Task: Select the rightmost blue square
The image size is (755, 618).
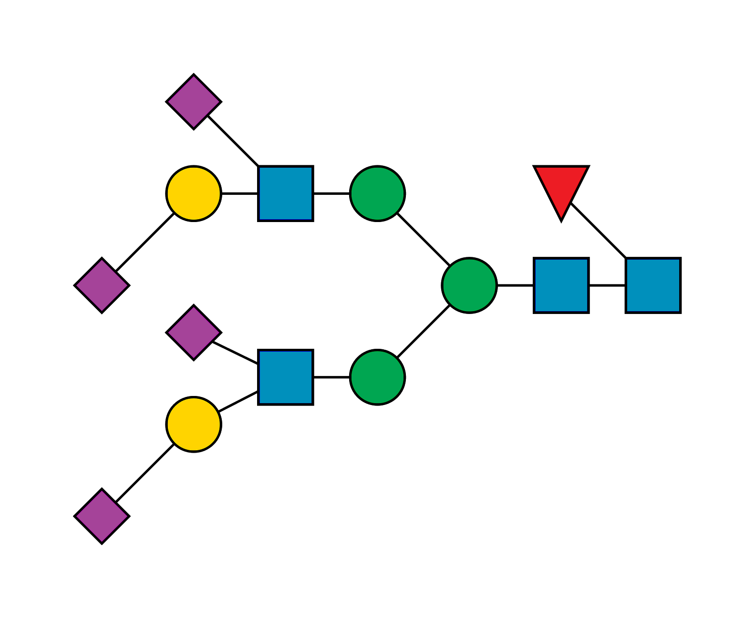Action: point(653,285)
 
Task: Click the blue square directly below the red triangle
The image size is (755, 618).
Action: point(561,285)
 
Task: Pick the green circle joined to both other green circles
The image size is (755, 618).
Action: point(470,285)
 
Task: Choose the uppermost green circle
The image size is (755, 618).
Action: point(378,193)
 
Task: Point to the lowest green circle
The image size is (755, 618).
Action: point(378,377)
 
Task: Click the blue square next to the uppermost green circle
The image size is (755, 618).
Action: point(286,193)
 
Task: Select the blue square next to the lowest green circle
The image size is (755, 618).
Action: point(286,377)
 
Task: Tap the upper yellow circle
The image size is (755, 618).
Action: point(194,193)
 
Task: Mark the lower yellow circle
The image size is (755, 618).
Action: point(194,424)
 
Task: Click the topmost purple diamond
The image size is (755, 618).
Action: point(194,101)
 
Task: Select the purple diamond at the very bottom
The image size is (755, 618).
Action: point(102,516)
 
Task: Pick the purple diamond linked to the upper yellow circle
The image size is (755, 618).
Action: point(102,285)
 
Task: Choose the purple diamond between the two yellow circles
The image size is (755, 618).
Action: point(194,332)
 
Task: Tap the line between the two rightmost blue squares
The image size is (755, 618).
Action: point(607,285)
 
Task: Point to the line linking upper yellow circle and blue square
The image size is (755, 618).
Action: point(239,193)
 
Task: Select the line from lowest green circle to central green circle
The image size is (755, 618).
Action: point(424,332)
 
